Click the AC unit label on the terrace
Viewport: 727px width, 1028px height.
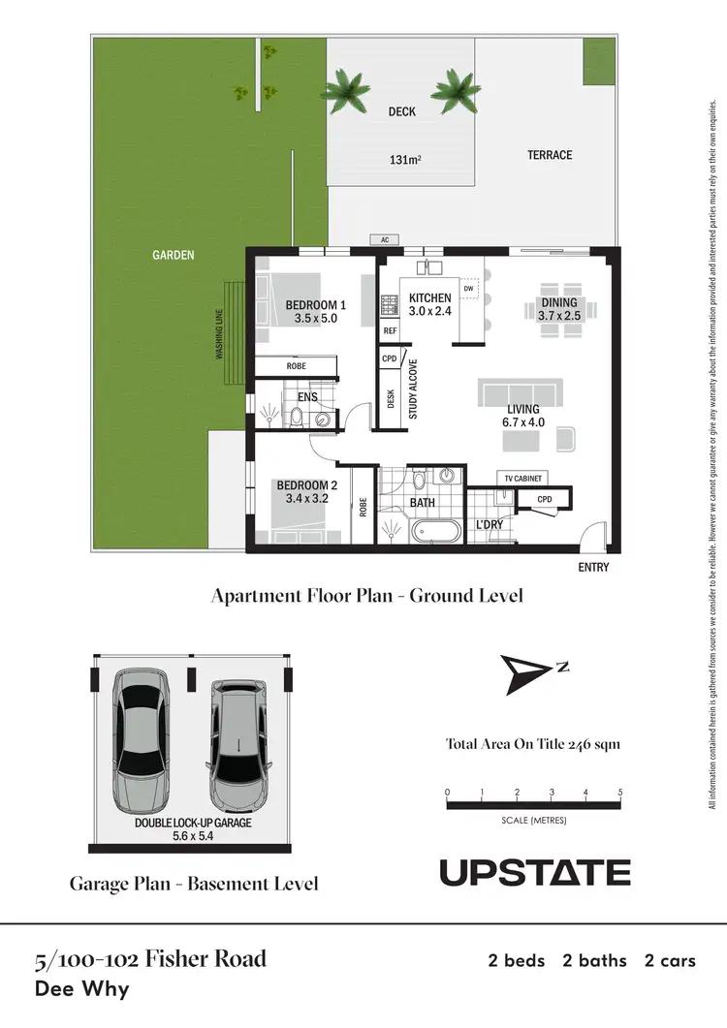click(386, 239)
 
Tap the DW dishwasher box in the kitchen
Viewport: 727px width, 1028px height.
click(468, 289)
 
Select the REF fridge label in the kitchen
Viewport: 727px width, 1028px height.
click(391, 330)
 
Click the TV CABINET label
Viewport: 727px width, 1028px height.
click(524, 479)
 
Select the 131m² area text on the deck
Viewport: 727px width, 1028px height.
click(402, 161)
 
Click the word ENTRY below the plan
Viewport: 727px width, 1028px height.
click(593, 567)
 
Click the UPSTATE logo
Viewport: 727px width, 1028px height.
click(535, 872)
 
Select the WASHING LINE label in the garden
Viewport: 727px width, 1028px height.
click(219, 334)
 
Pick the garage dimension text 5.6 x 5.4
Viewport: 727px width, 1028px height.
click(192, 835)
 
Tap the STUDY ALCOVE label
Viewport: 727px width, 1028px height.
click(414, 389)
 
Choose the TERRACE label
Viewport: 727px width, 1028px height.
click(550, 155)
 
